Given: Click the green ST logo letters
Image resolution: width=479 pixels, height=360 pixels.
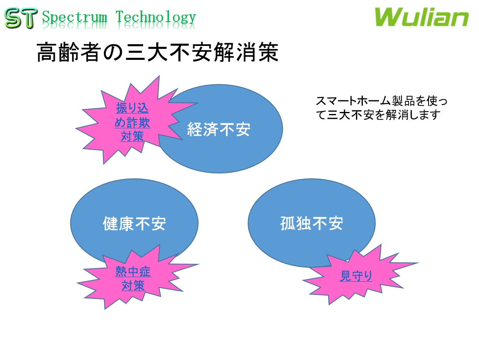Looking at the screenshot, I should [x=19, y=18].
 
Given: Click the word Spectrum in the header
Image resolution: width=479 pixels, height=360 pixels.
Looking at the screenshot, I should [x=74, y=18].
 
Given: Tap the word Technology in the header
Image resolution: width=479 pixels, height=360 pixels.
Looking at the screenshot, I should [x=155, y=18].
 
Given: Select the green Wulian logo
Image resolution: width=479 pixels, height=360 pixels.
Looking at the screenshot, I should [x=421, y=18].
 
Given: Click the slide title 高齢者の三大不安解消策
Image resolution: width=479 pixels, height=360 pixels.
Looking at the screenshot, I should [x=158, y=52].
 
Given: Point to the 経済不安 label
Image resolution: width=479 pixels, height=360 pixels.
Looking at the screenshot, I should [x=219, y=130].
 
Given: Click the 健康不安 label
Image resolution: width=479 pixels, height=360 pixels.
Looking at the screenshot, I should [x=134, y=224].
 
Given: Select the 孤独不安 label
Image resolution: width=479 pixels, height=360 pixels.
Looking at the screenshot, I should [x=312, y=224].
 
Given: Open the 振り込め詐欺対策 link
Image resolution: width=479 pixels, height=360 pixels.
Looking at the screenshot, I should [x=132, y=122].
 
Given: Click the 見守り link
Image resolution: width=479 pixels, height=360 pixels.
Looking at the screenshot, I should [x=356, y=276].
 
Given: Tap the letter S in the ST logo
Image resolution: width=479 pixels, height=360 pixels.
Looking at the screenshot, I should [x=13, y=18].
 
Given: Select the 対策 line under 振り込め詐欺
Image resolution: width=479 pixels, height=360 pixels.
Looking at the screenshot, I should [x=132, y=136].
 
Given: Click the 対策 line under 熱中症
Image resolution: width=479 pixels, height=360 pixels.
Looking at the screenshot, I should [x=133, y=285].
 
